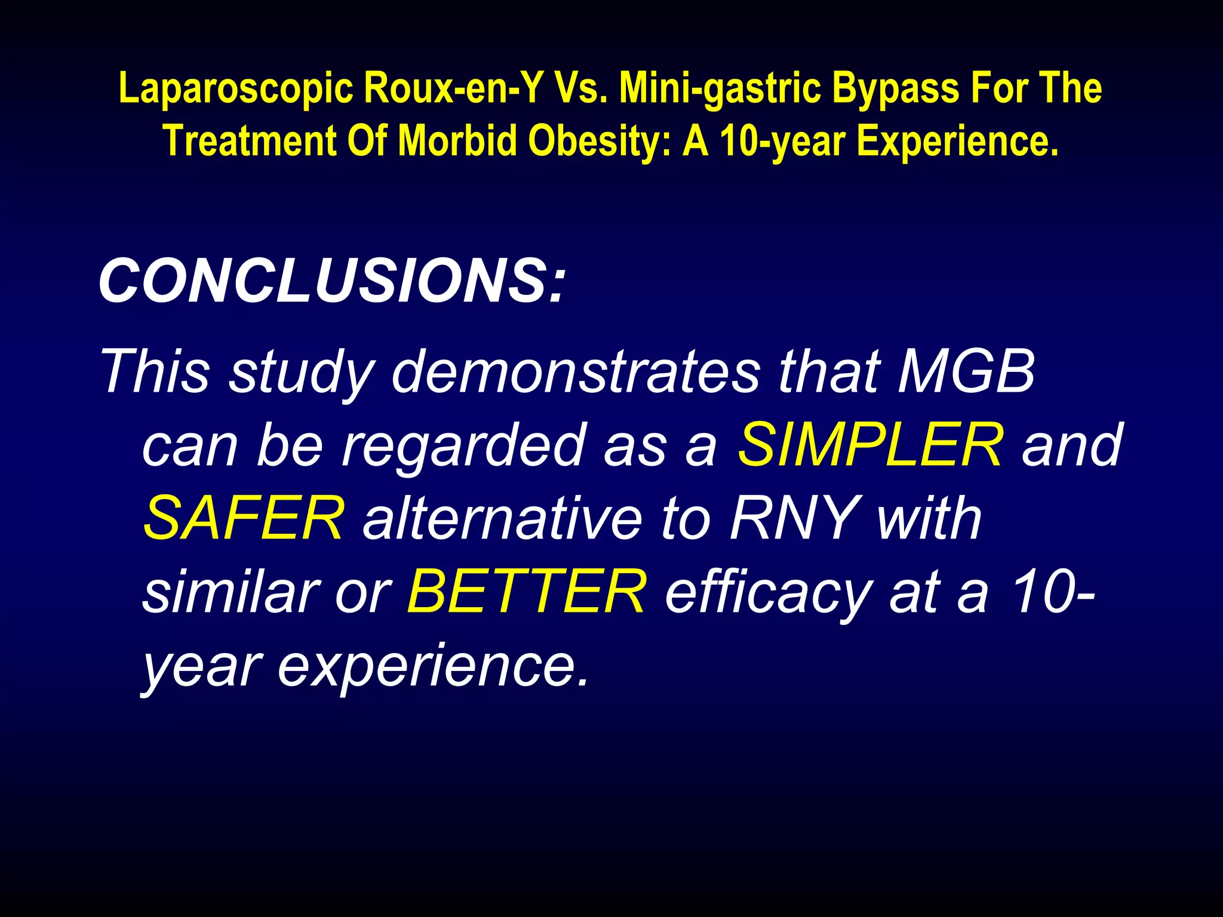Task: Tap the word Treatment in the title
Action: click(x=250, y=141)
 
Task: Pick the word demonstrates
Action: click(x=576, y=371)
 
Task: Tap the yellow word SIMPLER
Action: click(x=871, y=445)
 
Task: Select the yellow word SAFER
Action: click(x=244, y=518)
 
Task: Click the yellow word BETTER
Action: click(x=526, y=592)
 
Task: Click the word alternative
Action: click(x=503, y=518)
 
